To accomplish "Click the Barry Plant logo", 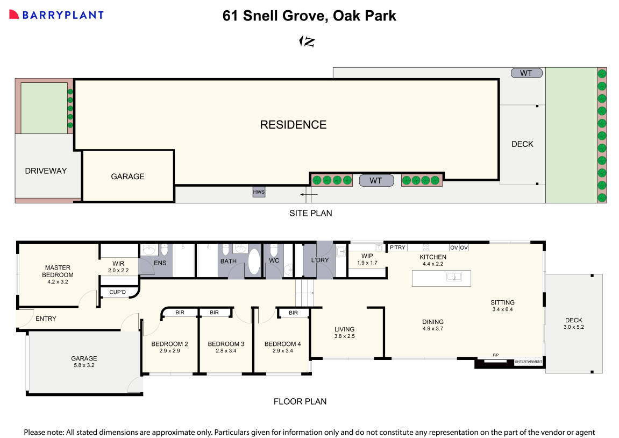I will coord(56,15).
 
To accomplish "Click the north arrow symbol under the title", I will coord(307,41).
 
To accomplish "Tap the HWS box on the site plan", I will coord(259,192).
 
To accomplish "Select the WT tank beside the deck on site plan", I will coord(526,73).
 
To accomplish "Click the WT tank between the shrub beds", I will coord(376,180).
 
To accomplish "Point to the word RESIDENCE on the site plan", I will coord(293,125).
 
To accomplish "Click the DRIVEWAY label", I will coord(46,171).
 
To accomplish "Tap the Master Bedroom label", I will coord(58,271).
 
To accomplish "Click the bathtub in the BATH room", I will coord(253,263).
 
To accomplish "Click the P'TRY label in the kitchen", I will coord(398,248).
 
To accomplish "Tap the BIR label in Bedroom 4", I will coord(293,313).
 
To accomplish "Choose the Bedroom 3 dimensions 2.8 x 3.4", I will coord(226,351).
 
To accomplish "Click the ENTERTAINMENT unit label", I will coord(529,362).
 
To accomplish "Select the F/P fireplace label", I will coord(495,355).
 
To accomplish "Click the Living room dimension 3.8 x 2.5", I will coord(344,336).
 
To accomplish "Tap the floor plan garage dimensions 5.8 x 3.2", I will coord(84,365).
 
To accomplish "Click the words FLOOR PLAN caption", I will coord(300,401).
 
